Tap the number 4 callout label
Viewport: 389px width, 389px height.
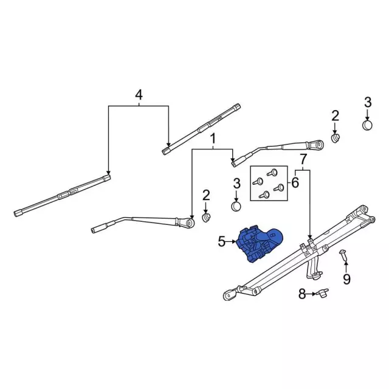[x=139, y=95]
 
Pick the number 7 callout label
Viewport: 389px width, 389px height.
[x=303, y=160]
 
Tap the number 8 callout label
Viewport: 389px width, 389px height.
[x=301, y=295]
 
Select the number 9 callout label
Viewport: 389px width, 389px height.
[x=346, y=279]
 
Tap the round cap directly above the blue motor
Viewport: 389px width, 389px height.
[x=237, y=207]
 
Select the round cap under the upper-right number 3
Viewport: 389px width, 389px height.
[x=367, y=126]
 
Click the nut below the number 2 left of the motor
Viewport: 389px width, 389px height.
[x=206, y=217]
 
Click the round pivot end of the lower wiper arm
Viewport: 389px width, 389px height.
[x=190, y=223]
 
